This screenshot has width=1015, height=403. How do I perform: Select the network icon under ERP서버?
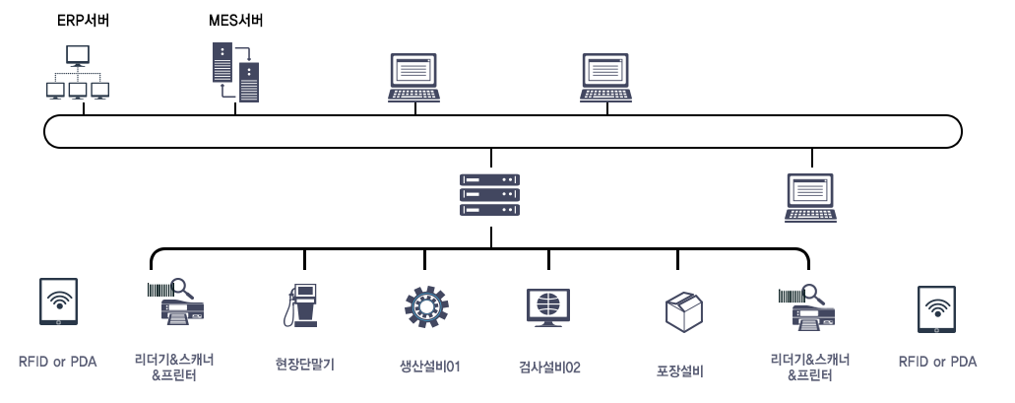tap(79, 73)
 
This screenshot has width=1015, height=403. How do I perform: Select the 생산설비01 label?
tap(424, 368)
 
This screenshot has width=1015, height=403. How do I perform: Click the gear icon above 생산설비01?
tap(424, 307)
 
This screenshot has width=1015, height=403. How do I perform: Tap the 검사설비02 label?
tap(548, 368)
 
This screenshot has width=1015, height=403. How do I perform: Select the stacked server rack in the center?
tap(490, 195)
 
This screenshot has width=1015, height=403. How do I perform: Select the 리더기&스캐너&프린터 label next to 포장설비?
tap(809, 367)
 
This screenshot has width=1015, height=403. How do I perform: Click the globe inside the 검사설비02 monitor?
tap(548, 302)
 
